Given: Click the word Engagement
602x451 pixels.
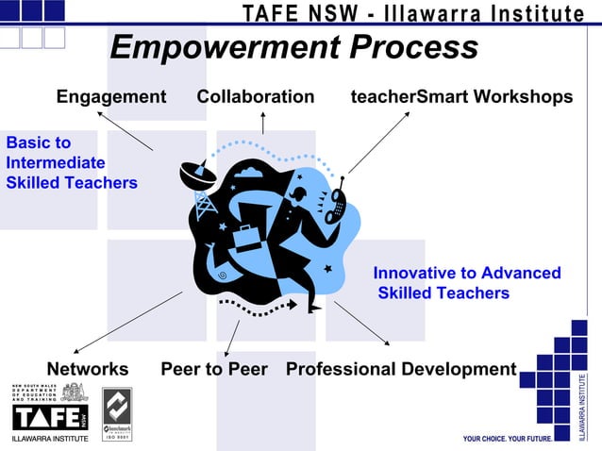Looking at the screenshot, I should click(111, 97).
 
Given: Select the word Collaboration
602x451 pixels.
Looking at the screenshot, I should click(255, 97).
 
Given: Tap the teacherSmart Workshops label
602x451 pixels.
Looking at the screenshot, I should click(460, 97).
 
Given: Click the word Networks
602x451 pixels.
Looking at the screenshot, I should click(88, 369).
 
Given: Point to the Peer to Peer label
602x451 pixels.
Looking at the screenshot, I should click(214, 369).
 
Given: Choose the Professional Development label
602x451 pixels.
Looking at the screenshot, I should click(401, 369).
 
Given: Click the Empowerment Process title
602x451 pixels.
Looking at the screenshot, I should click(293, 47).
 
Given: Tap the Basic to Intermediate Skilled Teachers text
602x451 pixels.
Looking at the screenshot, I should click(72, 162).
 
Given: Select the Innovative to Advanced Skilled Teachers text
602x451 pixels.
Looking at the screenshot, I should click(466, 283).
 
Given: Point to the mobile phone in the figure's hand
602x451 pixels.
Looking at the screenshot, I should click(336, 203).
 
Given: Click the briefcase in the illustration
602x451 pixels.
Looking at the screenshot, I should click(247, 235).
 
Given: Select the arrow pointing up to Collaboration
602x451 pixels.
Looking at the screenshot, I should click(262, 122).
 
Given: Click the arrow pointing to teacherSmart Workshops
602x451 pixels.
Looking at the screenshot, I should click(379, 142).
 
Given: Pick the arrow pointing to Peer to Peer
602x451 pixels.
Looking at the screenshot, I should click(232, 338).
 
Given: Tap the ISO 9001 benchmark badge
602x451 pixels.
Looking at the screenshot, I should click(117, 415).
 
